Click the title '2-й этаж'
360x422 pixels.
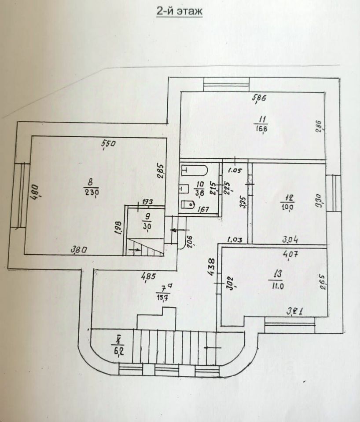(180, 12)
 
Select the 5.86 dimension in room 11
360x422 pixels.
(259, 98)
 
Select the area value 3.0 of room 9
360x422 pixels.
(147, 226)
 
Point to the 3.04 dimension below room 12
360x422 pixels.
(290, 240)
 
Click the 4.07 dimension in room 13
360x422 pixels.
(289, 254)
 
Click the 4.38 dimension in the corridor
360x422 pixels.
(211, 266)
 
